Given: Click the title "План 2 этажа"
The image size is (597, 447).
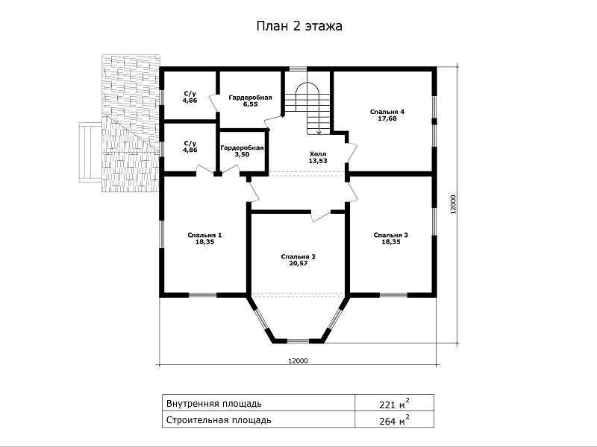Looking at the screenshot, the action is point(299,26).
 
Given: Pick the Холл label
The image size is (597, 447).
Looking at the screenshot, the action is point(318,154).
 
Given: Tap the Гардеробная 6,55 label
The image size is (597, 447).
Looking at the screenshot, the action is point(250,101).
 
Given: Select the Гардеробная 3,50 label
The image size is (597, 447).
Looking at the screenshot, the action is point(242,151).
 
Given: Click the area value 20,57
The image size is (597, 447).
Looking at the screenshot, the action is point(298,264).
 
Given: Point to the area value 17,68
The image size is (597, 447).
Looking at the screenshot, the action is point(387,118).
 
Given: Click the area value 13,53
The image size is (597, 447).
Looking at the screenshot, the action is point(318,161).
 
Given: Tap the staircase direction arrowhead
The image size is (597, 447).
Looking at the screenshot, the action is point(319,133).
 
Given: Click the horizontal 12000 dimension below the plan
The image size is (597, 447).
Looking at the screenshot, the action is point(298,361).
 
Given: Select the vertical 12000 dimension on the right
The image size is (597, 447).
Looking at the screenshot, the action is point(453,205).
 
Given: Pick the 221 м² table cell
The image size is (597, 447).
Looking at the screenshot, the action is point(395,403).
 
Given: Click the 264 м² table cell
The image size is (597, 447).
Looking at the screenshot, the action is point(395,419).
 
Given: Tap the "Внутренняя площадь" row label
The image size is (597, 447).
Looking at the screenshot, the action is point(214,403).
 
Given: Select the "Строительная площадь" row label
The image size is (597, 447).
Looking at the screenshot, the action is point(219,420).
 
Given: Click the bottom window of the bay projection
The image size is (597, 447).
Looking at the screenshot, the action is point(298,340).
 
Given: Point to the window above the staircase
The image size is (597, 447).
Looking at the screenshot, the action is point(296,69).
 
